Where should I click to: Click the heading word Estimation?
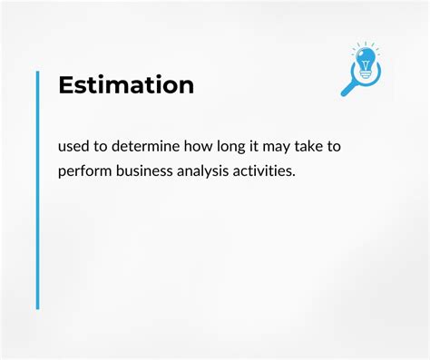(x=126, y=85)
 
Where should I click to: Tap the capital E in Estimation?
(x=65, y=85)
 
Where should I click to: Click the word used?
(x=75, y=147)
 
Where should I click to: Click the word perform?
(x=84, y=170)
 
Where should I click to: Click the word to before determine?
(x=105, y=147)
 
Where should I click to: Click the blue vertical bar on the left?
(x=38, y=190)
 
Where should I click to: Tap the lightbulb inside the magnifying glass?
(x=366, y=63)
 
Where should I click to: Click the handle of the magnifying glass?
(x=348, y=88)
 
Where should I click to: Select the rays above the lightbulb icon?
(x=366, y=45)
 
